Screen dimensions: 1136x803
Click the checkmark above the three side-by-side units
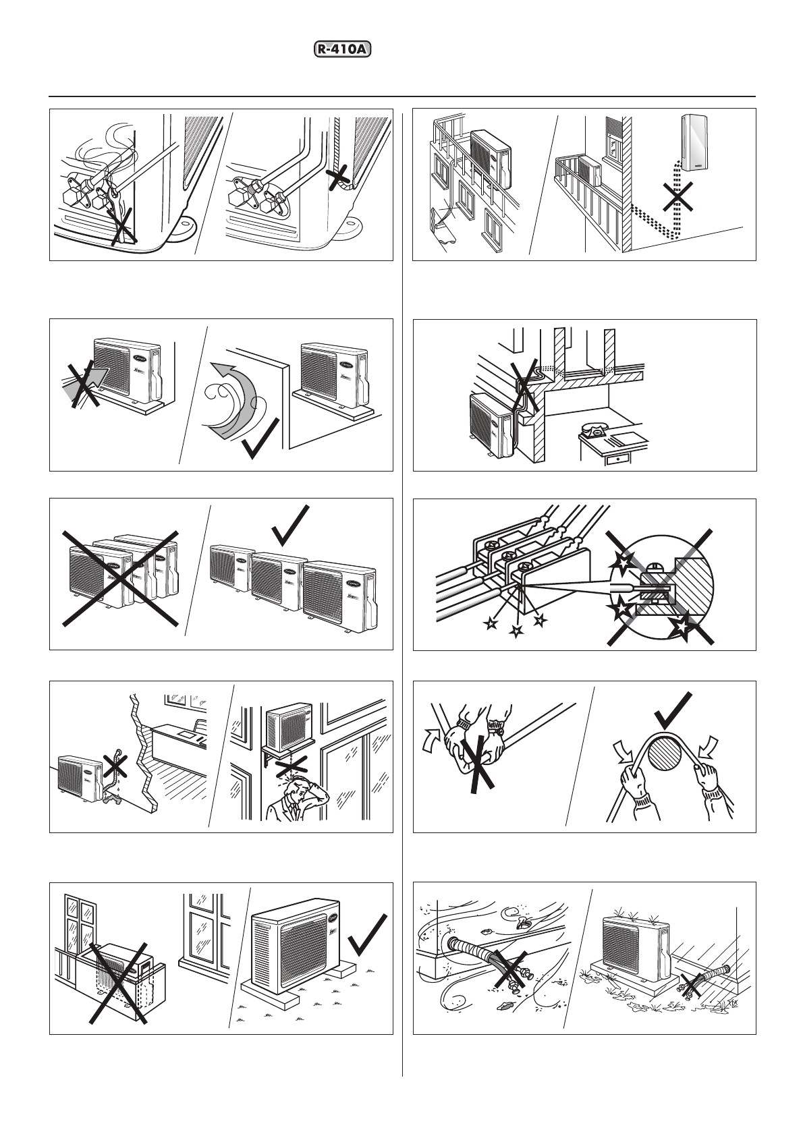(x=291, y=526)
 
